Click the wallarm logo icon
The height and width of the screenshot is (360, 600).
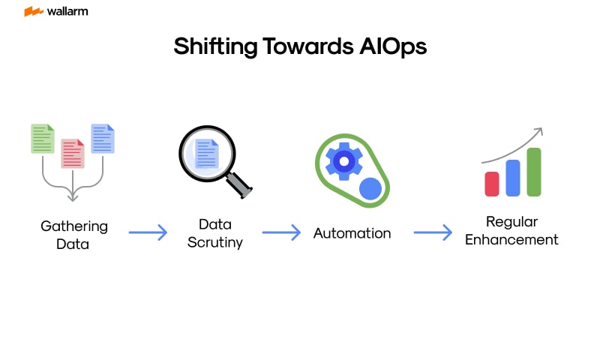tap(33, 12)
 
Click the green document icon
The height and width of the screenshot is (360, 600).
tap(42, 139)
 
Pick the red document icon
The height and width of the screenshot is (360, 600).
tap(73, 153)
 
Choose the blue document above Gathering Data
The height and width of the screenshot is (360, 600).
tap(103, 139)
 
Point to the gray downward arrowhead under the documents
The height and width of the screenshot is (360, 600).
tap(73, 196)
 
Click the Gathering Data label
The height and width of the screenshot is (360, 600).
tap(73, 234)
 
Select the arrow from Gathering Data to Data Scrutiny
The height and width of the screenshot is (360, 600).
tap(148, 232)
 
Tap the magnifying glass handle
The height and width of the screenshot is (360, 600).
tap(240, 184)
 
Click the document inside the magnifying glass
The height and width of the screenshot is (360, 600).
tap(205, 154)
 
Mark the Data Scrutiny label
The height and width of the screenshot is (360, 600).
tap(214, 232)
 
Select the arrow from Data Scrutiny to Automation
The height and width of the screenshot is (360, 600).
tap(281, 232)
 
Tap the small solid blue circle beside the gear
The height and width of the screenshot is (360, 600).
tap(370, 188)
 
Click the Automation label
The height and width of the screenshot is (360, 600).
tap(352, 233)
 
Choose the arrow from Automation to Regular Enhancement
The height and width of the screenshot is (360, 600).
tap(433, 232)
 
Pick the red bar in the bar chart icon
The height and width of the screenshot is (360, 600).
tap(492, 184)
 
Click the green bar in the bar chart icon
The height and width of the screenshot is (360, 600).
tap(534, 172)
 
